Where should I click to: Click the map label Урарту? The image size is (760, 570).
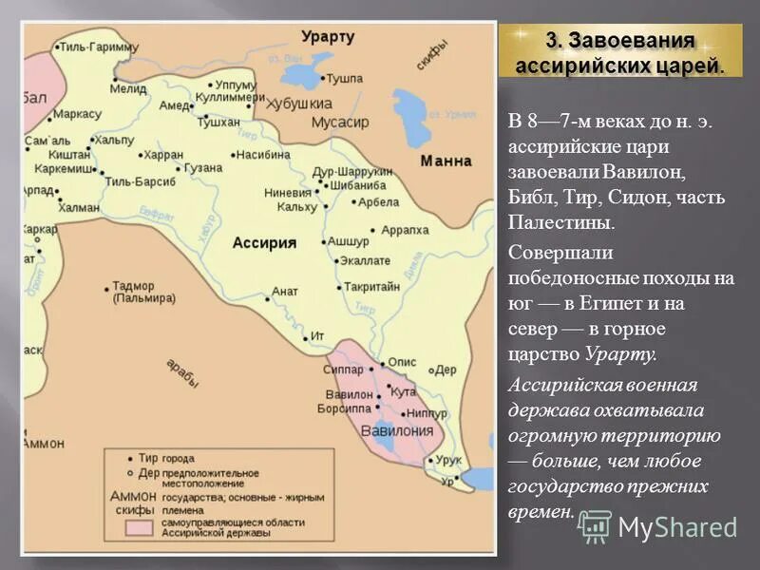pos(328,37)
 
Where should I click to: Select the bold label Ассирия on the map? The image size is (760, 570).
pos(264,242)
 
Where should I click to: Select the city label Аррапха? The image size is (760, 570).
pos(406,230)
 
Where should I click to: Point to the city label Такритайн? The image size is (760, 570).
pos(371,286)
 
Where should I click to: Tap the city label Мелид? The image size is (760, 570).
pos(127,88)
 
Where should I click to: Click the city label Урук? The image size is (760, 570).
pos(450,460)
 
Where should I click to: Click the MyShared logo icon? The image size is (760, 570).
pos(596,525)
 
